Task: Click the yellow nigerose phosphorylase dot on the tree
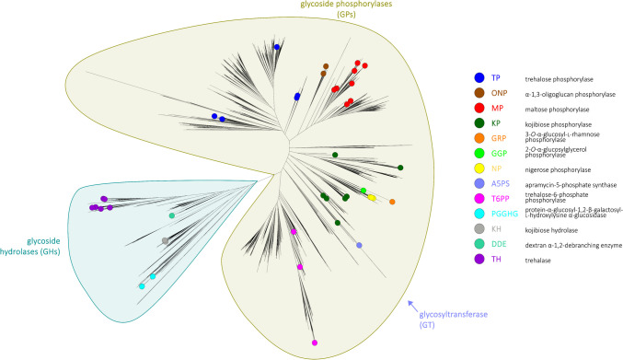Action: (x=372, y=197)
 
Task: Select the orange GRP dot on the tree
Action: (x=393, y=202)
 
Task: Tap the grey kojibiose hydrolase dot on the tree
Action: (x=165, y=240)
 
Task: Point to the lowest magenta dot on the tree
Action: (x=316, y=343)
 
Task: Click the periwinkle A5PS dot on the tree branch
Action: (x=359, y=245)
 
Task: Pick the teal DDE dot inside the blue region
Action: (x=172, y=215)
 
